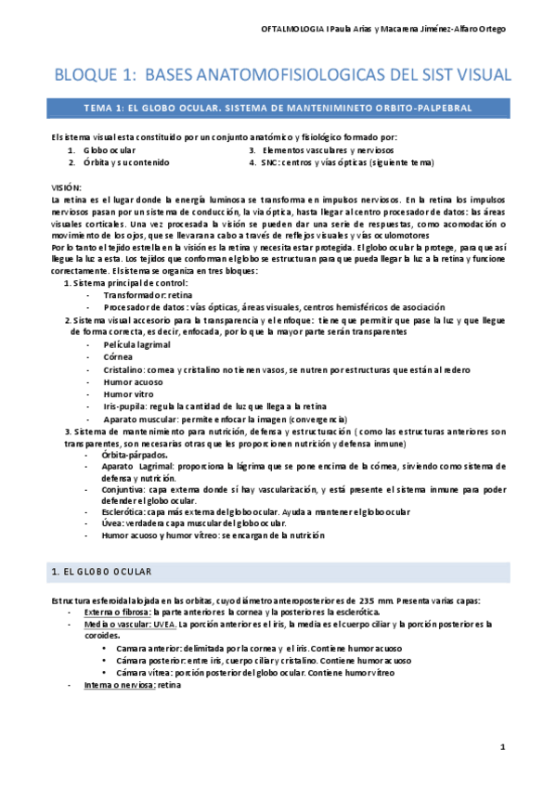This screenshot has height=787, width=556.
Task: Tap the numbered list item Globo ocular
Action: click(110, 148)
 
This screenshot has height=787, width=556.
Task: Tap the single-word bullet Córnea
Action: click(119, 356)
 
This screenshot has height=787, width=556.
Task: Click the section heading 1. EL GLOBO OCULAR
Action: click(101, 570)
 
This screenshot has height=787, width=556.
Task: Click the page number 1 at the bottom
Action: click(502, 747)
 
